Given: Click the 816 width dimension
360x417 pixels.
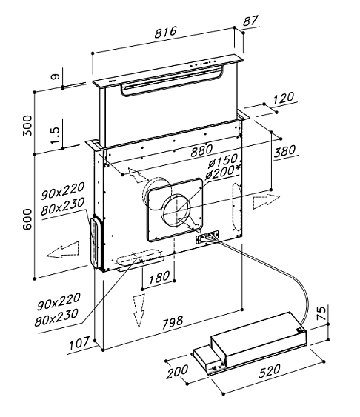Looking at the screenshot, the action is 165,32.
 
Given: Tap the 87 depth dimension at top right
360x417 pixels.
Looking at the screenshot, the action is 250,21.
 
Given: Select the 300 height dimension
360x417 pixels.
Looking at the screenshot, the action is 27,126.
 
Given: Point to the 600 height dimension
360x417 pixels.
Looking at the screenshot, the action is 27,219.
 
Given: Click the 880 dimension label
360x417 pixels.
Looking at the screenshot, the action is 201,150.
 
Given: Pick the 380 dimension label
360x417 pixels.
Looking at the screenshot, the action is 284,151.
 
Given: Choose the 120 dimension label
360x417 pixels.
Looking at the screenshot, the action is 284,98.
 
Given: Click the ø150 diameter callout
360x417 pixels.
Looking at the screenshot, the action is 223,161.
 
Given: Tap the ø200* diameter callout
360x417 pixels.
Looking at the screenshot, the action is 223,172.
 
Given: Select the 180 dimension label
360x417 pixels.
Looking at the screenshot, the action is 159,278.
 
